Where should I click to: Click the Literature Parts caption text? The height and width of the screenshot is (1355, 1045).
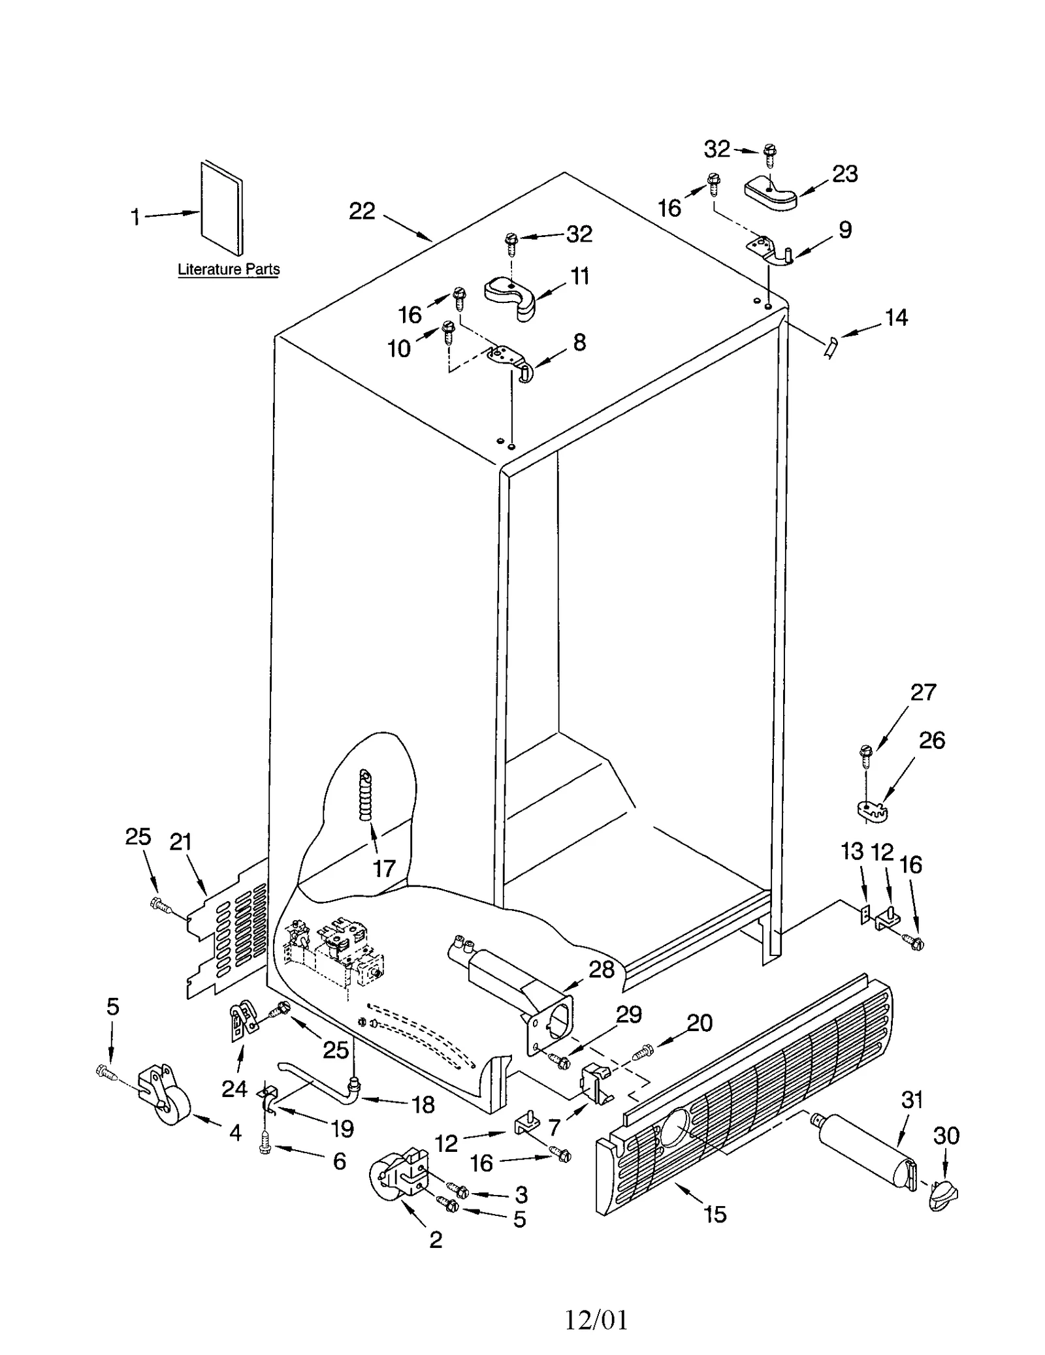[x=228, y=269]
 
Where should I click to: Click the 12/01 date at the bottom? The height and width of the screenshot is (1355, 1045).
[x=596, y=1320]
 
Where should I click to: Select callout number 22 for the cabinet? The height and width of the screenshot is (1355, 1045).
[x=362, y=211]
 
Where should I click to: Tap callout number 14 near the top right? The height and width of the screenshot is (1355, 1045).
[x=895, y=317]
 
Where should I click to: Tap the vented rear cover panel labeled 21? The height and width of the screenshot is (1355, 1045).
[x=229, y=931]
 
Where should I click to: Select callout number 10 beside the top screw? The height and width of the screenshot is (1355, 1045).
[x=399, y=349]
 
